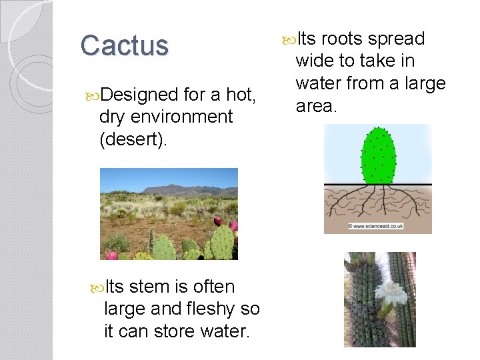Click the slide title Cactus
[x=125, y=46]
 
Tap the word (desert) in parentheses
[x=131, y=139]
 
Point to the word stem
[x=149, y=287]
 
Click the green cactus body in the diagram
[x=377, y=156]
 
